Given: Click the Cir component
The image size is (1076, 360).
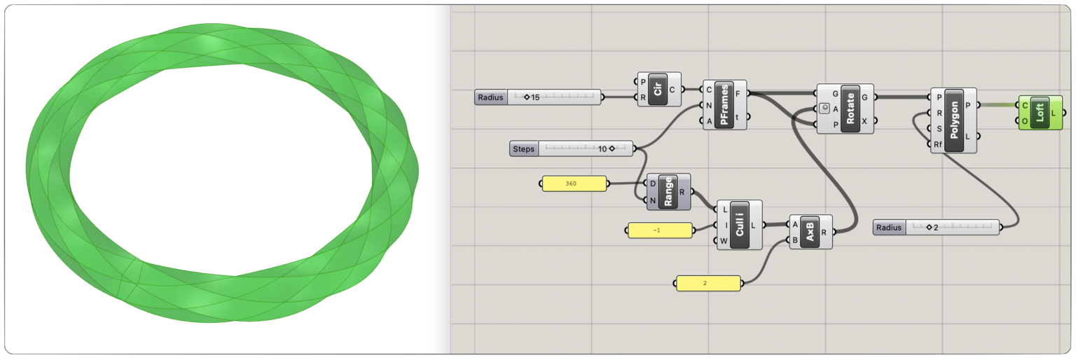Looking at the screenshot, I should [658, 90].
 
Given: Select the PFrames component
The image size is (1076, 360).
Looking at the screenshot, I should [725, 105].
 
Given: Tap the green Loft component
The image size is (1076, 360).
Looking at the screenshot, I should [1040, 113].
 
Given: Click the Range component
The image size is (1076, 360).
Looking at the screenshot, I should [668, 191].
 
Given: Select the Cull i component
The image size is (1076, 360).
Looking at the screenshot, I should [738, 225].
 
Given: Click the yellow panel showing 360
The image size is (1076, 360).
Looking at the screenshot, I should [574, 184].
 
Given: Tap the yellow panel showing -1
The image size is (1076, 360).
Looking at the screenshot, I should [659, 230].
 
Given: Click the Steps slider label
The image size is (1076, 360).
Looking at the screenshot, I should [523, 148].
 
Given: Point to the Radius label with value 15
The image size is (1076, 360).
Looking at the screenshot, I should [490, 97].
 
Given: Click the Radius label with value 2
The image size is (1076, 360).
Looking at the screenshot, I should [888, 227].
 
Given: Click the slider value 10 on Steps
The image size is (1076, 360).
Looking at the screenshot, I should [602, 148].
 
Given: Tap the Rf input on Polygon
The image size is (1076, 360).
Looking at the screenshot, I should [938, 144].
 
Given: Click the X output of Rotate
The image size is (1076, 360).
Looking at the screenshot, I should [864, 120].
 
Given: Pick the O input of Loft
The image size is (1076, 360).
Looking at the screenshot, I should [1025, 120].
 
